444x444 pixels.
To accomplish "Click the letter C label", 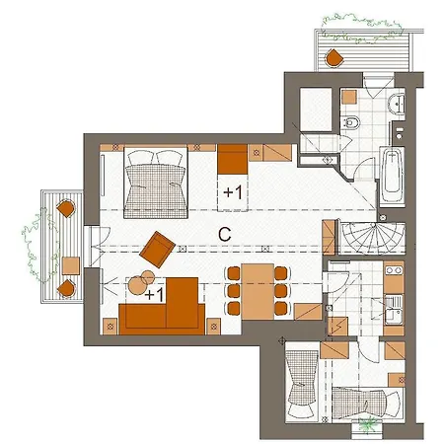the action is point(225,235).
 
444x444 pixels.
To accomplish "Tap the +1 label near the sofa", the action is point(154,295).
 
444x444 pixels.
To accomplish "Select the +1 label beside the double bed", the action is point(233,192).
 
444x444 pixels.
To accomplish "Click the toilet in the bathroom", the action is point(350,122).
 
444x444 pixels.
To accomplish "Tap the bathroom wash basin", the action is point(397,104).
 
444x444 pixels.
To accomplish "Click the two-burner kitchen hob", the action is point(394,270).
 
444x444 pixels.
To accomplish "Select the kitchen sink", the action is point(394,309).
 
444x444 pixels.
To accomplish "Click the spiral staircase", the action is point(372,238).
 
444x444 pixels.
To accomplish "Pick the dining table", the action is point(258,291).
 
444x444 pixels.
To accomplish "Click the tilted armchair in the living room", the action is point(158,250).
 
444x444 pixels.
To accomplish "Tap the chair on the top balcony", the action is point(334,58).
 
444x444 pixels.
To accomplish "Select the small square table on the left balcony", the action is point(71,265).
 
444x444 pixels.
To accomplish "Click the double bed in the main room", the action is point(156,183).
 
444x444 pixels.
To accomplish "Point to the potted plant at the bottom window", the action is point(367,425).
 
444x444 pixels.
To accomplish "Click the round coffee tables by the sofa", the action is point(141,282).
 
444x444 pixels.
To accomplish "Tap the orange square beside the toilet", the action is point(349,97).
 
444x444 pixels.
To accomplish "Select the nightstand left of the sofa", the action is point(111,327).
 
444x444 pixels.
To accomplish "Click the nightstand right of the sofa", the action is point(214,327).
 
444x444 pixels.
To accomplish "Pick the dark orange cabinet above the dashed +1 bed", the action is point(232,159).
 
